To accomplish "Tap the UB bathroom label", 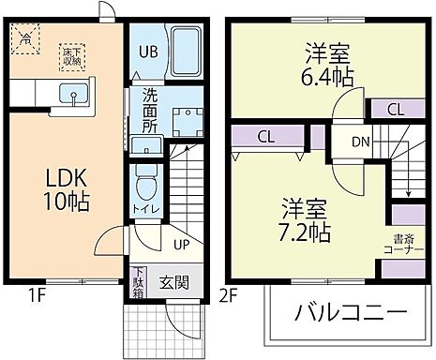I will click(x=149, y=52).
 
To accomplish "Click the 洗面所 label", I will click(x=150, y=108).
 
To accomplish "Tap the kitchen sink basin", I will click(x=70, y=93).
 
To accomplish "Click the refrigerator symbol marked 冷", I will click(x=28, y=39).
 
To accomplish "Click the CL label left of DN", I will click(x=265, y=136).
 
